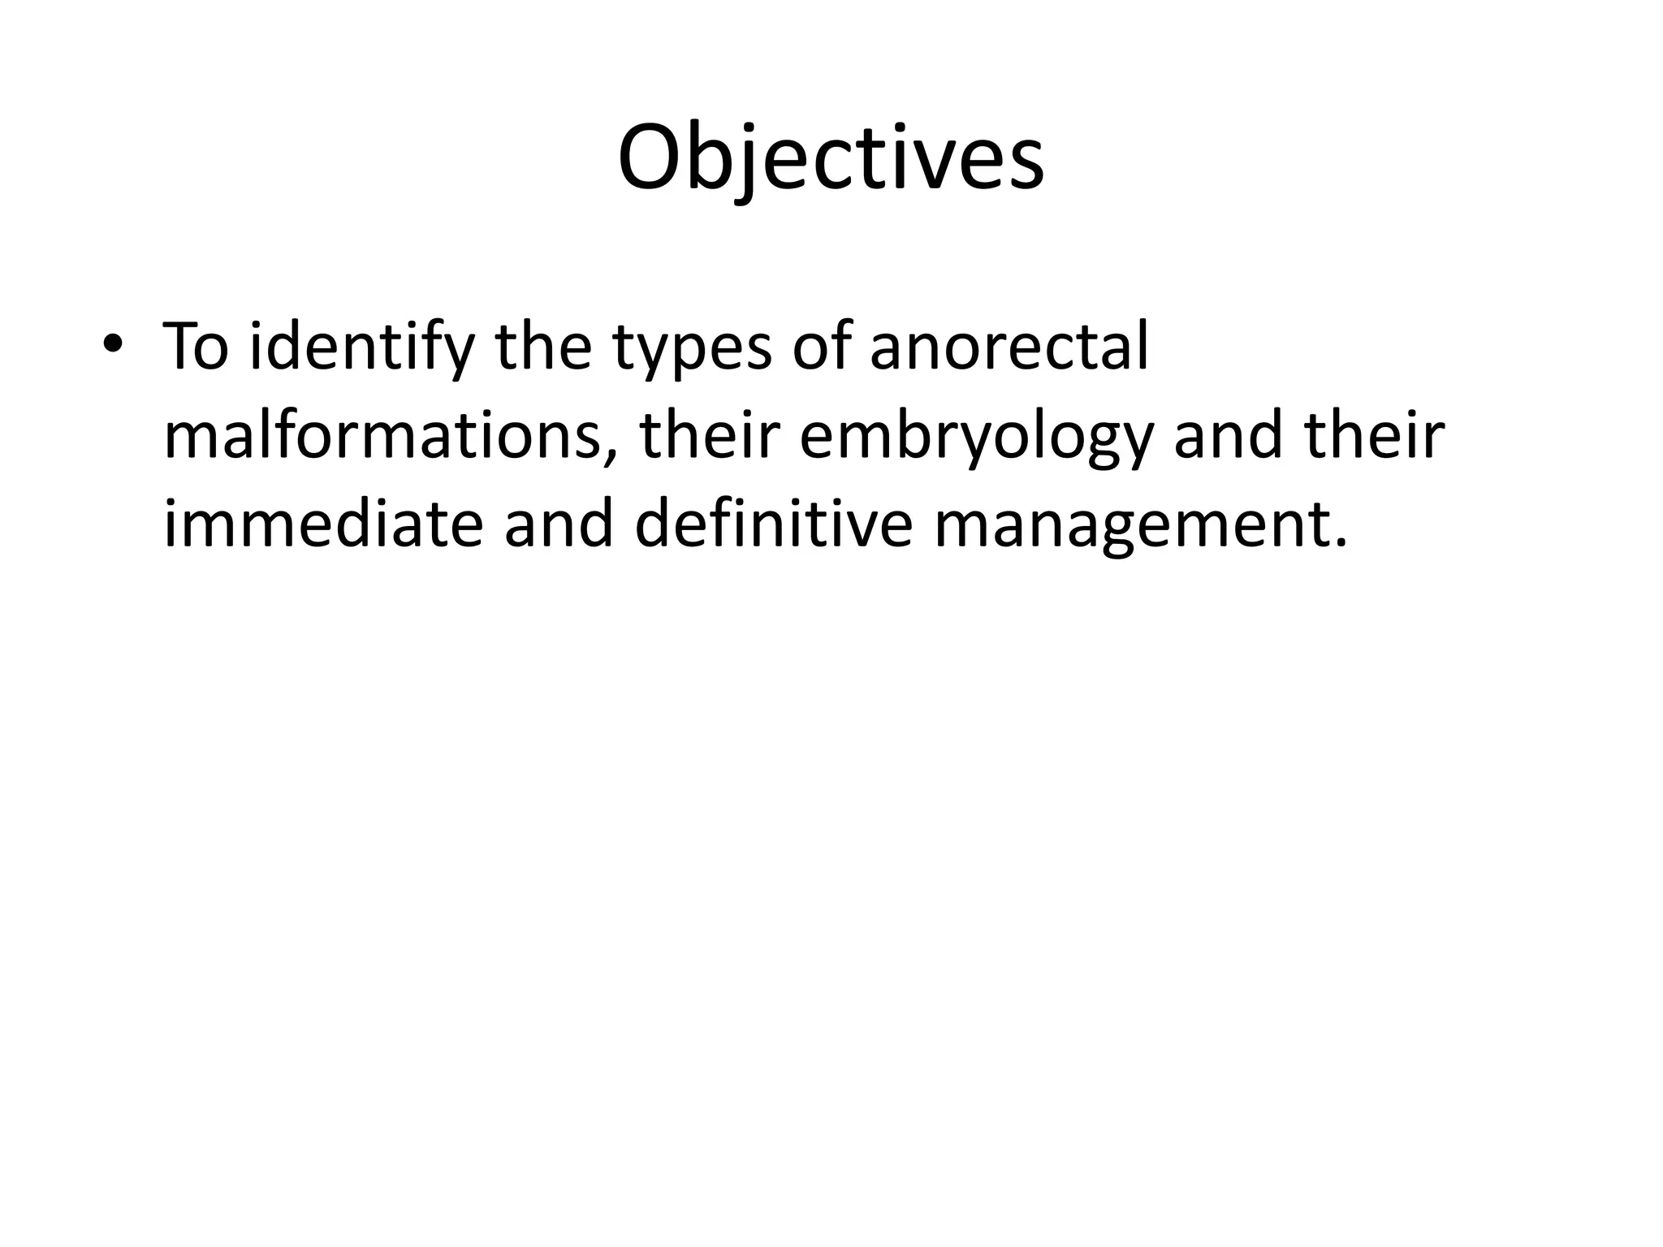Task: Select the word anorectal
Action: tap(1009, 347)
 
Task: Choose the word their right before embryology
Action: tap(708, 436)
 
